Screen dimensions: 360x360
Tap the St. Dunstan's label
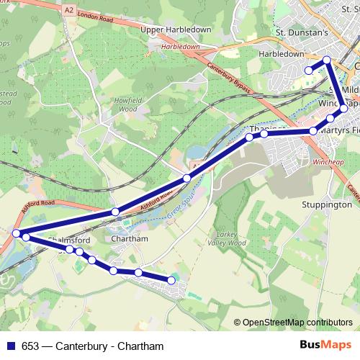(302, 32)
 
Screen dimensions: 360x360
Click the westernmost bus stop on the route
(16, 233)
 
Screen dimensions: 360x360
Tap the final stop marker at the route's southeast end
(171, 280)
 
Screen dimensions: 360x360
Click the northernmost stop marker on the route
(327, 60)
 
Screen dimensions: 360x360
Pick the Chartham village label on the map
(130, 239)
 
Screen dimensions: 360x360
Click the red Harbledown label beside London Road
(180, 46)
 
